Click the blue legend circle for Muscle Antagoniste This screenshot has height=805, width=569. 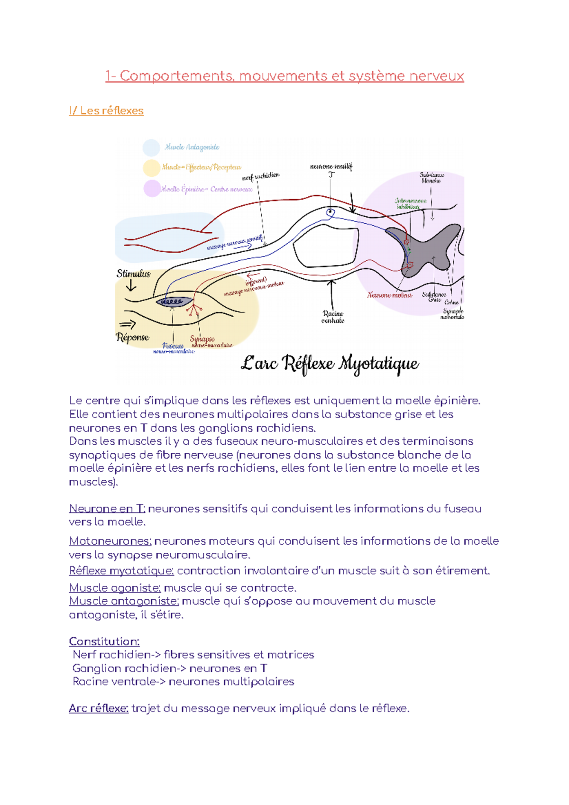pyautogui.click(x=151, y=147)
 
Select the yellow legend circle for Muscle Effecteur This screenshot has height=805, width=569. pyautogui.click(x=151, y=168)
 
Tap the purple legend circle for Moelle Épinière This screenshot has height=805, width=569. pyautogui.click(x=152, y=188)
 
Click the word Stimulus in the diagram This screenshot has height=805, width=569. pyautogui.click(x=133, y=274)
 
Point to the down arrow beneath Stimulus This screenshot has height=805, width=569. pyautogui.click(x=131, y=285)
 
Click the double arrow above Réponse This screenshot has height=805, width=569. pyautogui.click(x=127, y=325)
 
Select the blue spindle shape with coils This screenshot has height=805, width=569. pyautogui.click(x=174, y=302)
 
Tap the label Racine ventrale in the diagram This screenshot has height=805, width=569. pyautogui.click(x=333, y=317)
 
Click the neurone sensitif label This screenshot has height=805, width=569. pyautogui.click(x=331, y=166)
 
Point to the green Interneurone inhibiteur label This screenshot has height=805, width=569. pyautogui.click(x=410, y=203)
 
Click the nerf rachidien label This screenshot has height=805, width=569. pyautogui.click(x=261, y=176)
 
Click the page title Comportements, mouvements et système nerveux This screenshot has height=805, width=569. pyautogui.click(x=284, y=76)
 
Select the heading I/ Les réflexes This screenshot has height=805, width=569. pyautogui.click(x=106, y=110)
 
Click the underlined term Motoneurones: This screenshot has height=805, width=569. pyautogui.click(x=110, y=541)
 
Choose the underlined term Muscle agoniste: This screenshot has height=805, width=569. pyautogui.click(x=115, y=588)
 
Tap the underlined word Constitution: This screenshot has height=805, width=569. pyautogui.click(x=104, y=641)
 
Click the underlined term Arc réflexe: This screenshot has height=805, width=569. pyautogui.click(x=99, y=708)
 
